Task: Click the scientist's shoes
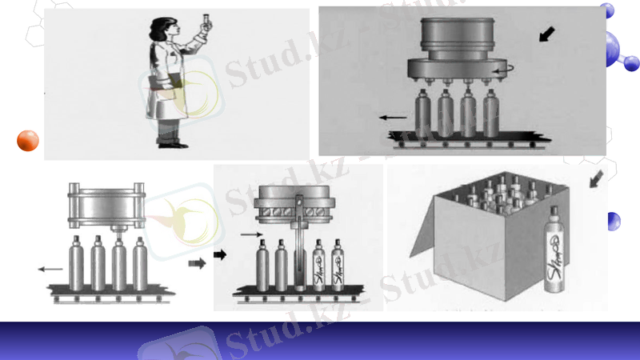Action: point(171,144)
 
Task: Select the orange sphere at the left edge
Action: point(28,140)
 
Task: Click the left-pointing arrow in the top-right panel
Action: point(392,117)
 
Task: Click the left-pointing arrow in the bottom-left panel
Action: point(50,270)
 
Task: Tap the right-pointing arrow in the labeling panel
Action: point(250,234)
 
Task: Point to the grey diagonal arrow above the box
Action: point(595,182)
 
